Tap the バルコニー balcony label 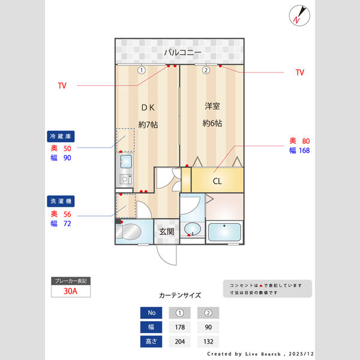click(182, 53)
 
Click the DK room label click(148, 108)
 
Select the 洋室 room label click(212, 107)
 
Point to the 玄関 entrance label click(166, 232)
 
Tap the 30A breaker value click(71, 292)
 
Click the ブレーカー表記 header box click(71, 281)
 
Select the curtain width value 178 click(179, 327)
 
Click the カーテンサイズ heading click(180, 296)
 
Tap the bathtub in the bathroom click(224, 231)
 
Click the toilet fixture click(130, 232)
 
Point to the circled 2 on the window click(205, 70)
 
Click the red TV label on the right click(300, 73)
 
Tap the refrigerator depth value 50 click(67, 148)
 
